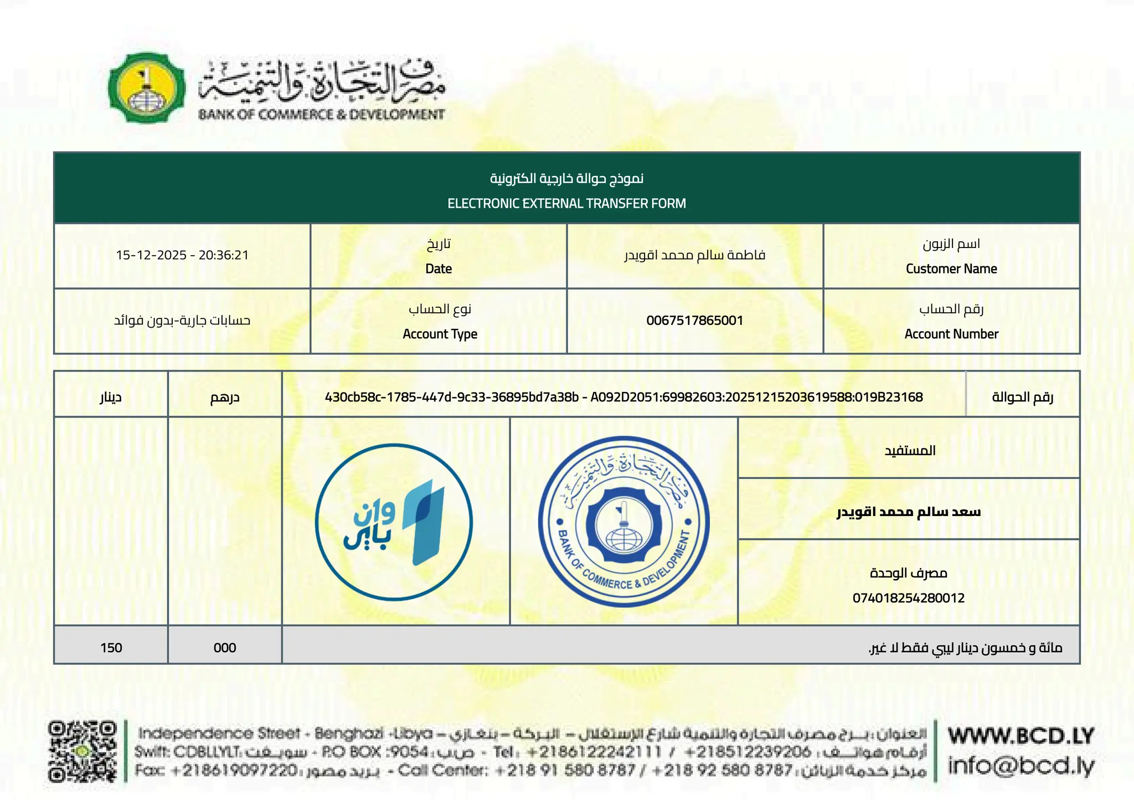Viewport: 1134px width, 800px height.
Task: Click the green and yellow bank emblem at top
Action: click(x=147, y=88)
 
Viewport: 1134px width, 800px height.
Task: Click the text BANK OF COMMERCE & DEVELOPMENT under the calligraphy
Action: click(x=321, y=115)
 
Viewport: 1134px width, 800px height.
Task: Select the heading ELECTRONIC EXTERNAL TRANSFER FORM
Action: click(x=566, y=203)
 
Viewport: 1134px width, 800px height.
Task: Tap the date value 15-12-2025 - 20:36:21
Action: click(x=182, y=255)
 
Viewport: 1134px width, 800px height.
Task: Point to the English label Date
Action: click(x=439, y=269)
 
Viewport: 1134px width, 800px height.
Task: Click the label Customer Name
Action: click(x=951, y=269)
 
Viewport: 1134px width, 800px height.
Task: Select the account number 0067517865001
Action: click(x=694, y=321)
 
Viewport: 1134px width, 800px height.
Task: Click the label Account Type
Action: click(x=440, y=334)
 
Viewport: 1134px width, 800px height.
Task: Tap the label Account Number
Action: click(x=951, y=334)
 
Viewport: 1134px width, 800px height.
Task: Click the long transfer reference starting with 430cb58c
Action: click(x=623, y=397)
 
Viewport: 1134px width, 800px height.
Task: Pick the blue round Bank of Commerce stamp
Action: click(x=623, y=522)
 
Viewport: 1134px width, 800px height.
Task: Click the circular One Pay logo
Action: click(x=394, y=522)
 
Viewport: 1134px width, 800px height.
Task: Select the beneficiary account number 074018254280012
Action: click(x=908, y=598)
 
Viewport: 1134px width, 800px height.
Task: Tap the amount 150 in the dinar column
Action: click(x=111, y=648)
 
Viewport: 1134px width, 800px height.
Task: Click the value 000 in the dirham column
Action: click(x=225, y=648)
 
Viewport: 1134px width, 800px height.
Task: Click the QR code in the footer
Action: click(x=83, y=751)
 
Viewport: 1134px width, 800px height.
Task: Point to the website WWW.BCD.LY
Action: click(x=1021, y=736)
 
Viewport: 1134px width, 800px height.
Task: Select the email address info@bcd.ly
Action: click(x=1021, y=766)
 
